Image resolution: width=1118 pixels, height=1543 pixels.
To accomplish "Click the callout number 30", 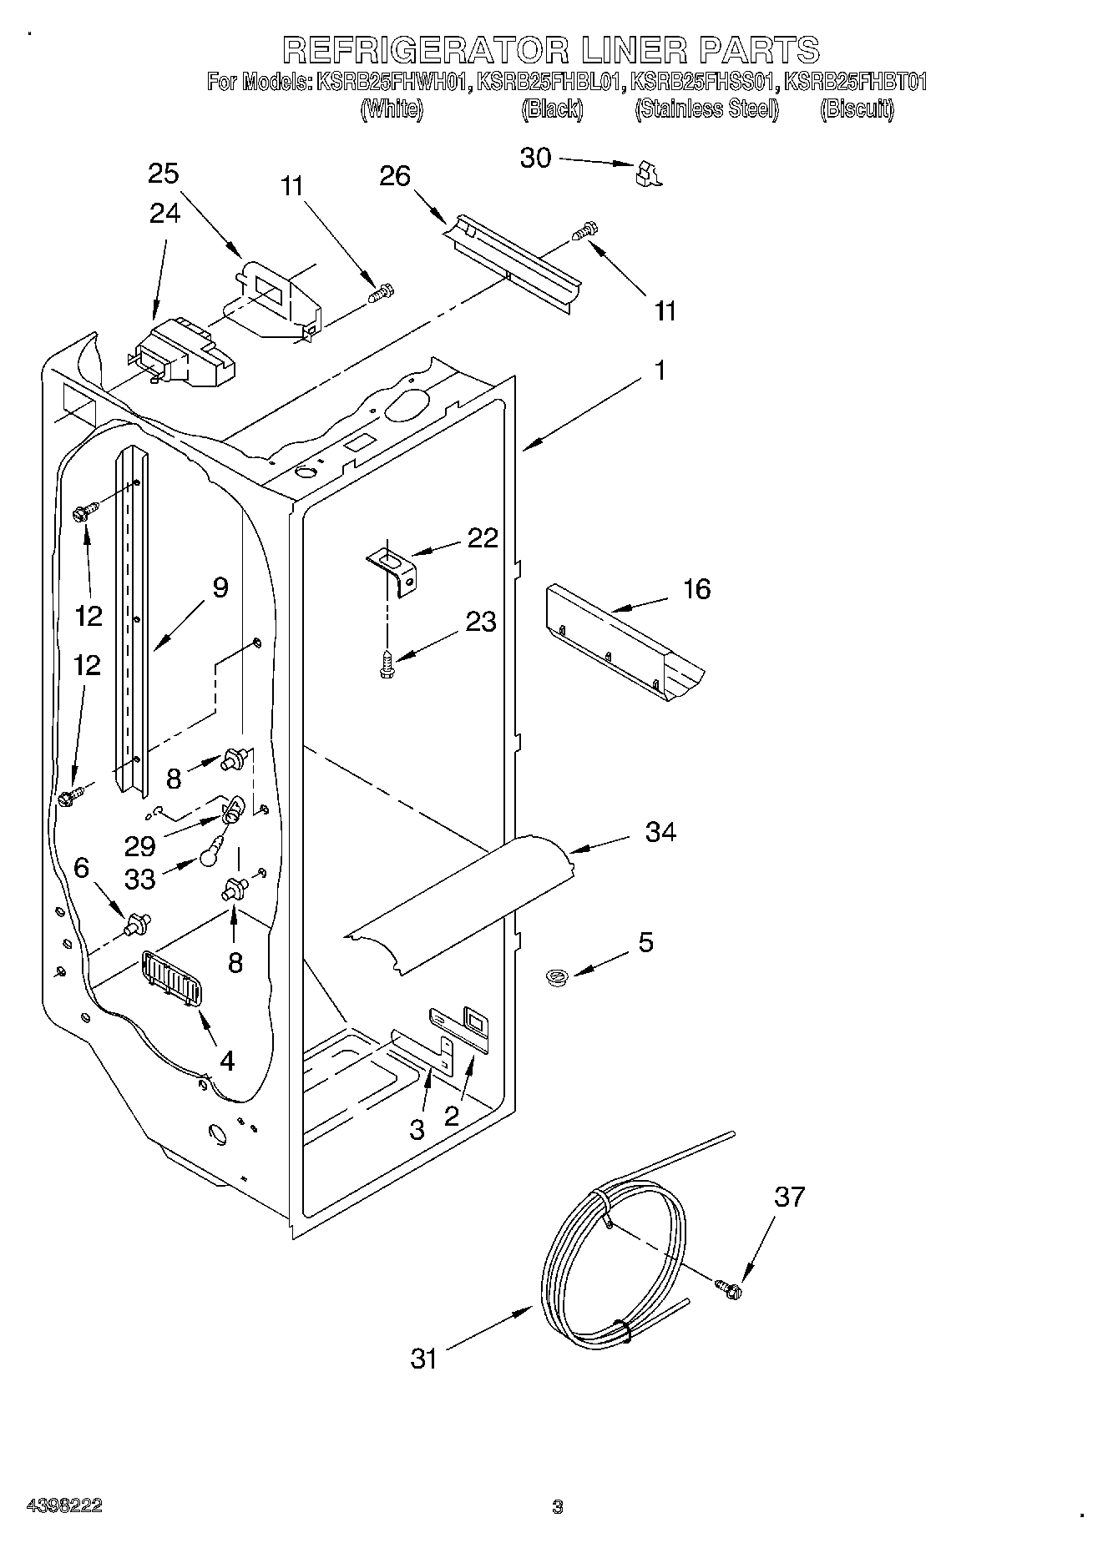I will (536, 158).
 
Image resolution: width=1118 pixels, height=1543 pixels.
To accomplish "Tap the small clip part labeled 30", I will (648, 173).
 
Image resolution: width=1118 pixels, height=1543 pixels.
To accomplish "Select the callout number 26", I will (396, 176).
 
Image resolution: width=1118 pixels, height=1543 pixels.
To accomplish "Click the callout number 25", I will (164, 174).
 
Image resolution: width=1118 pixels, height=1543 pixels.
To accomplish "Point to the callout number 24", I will (164, 214).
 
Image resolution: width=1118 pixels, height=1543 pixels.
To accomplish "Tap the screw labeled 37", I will (728, 1288).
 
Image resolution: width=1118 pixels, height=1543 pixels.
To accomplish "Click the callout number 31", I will (424, 1359).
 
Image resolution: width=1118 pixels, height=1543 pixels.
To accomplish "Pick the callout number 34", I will (660, 831).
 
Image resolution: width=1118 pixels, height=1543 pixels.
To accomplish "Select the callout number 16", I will (696, 589).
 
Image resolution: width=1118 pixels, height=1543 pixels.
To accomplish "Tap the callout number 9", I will (220, 587).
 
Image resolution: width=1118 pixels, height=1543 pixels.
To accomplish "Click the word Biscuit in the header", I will (857, 109).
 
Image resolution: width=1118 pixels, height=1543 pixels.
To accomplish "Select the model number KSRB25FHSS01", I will (705, 82).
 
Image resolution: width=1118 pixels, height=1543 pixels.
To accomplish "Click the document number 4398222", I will (65, 1506).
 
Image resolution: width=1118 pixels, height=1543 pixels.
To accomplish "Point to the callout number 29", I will (140, 846).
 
